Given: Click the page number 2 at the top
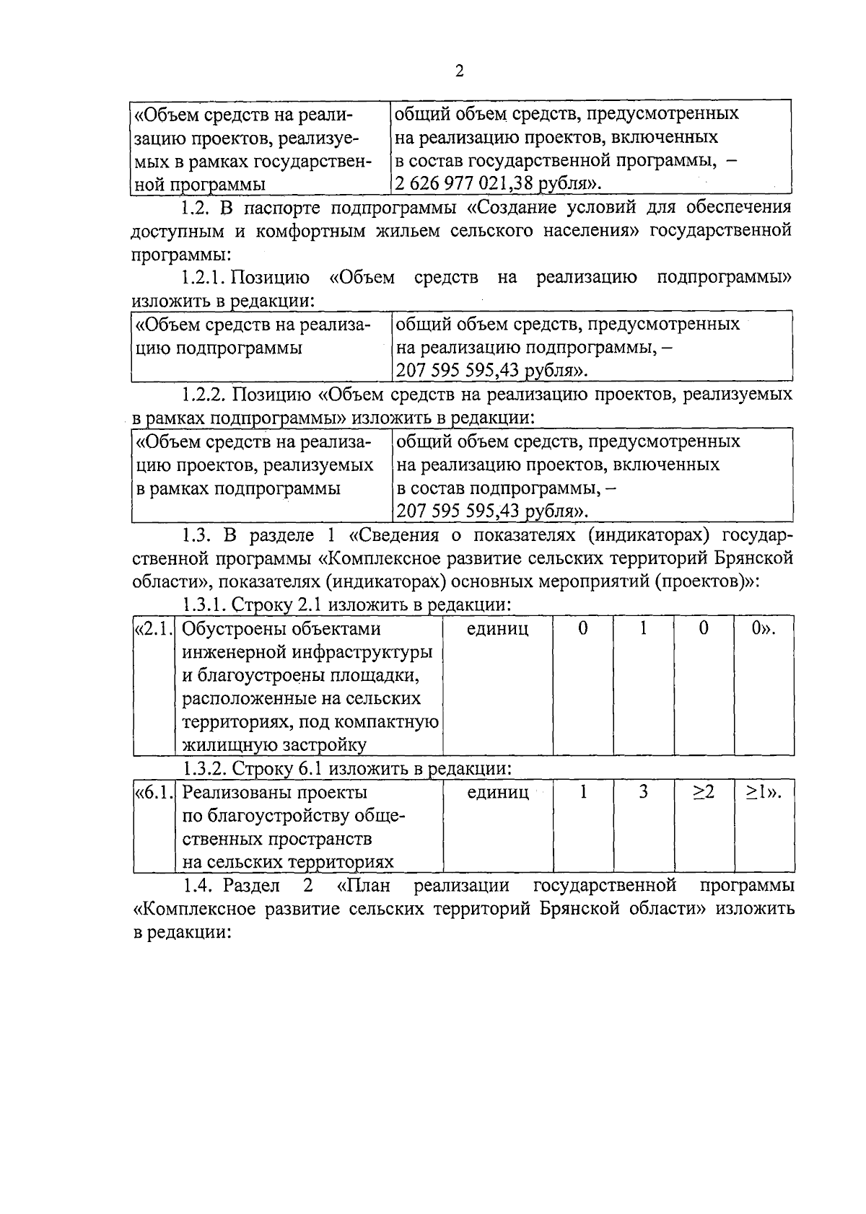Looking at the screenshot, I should (459, 71).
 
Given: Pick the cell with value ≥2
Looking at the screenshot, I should (704, 793).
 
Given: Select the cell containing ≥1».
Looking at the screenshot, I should (764, 793).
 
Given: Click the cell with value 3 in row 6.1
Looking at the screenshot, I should (643, 793).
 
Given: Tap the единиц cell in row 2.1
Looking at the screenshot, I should (497, 629).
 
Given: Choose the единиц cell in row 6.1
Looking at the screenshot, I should (497, 793).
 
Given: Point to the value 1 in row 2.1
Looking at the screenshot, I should (643, 629).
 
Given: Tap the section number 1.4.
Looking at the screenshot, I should (196, 885).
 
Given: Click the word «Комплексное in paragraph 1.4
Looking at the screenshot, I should (193, 909).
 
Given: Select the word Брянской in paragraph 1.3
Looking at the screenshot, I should (755, 559).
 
